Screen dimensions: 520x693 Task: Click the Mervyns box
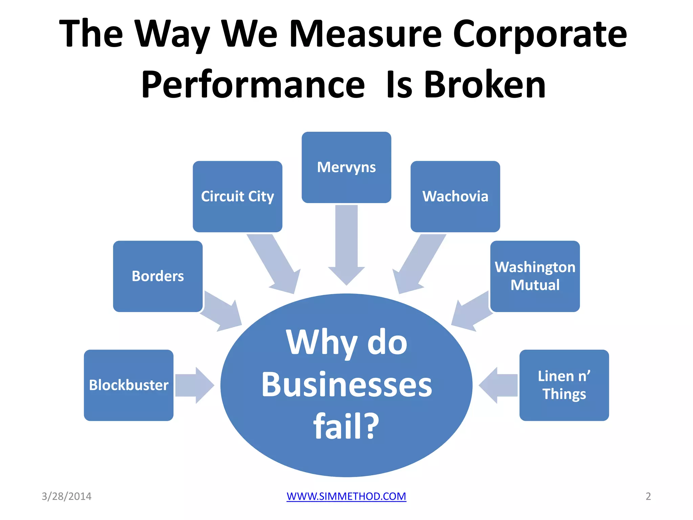pos(346,167)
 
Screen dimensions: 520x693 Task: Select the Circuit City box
pos(237,196)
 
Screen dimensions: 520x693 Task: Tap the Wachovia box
pos(455,196)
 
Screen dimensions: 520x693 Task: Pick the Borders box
pos(158,276)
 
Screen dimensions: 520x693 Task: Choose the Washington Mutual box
pos(535,276)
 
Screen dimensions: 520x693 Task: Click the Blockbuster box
pos(129,385)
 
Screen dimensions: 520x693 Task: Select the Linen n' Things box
pos(564,385)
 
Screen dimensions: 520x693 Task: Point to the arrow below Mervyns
pos(346,244)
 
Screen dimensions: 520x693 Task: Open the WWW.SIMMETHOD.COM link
pos(346,496)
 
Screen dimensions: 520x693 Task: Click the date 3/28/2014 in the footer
pos(66,496)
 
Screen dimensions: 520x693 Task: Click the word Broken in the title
pos(485,85)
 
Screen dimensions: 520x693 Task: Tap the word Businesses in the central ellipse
pos(346,385)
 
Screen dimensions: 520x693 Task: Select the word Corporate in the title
pos(539,34)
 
